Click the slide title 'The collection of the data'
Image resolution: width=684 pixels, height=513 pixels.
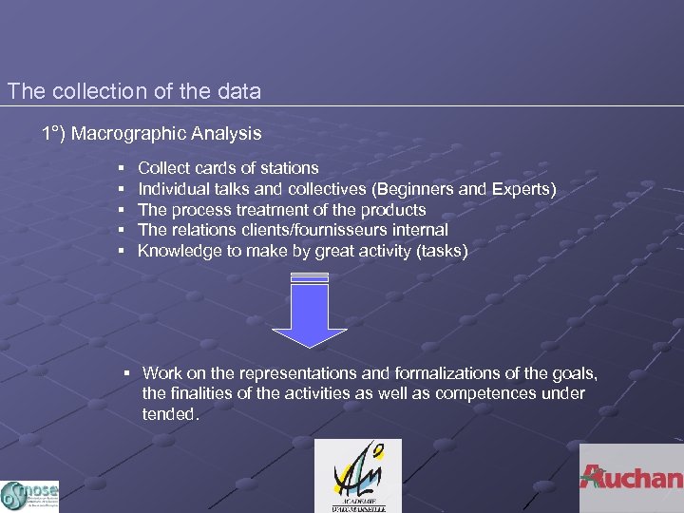click(x=134, y=92)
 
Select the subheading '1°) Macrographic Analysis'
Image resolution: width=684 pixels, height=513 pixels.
click(x=151, y=134)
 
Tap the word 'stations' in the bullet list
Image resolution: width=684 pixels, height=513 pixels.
click(x=288, y=168)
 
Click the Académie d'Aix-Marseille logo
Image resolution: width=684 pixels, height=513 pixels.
click(x=358, y=476)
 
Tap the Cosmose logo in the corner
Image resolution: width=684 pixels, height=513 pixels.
click(x=29, y=495)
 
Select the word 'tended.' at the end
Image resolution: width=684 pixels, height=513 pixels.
click(x=171, y=413)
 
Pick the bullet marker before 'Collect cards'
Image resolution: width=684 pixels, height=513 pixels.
click(x=123, y=168)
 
